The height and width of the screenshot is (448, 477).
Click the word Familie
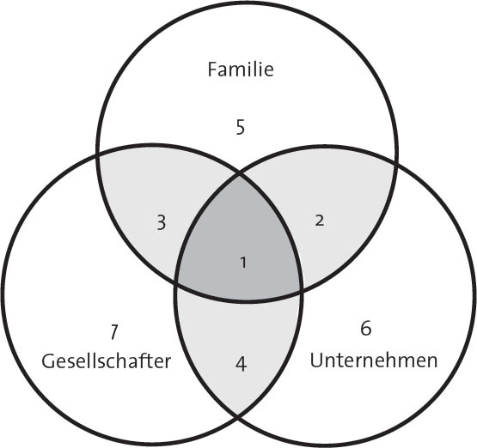click(x=241, y=69)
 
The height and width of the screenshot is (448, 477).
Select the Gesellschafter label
click(x=107, y=361)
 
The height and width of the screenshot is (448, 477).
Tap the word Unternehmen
click(x=374, y=360)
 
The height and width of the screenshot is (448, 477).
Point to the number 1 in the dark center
click(x=243, y=263)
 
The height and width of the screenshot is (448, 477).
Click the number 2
click(x=320, y=221)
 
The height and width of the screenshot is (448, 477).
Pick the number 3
click(x=162, y=222)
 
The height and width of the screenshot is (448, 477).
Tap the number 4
click(x=241, y=364)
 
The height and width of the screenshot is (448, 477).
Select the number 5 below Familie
click(x=241, y=127)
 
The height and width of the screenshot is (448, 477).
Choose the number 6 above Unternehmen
click(x=365, y=328)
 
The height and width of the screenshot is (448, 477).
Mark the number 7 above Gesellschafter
click(x=113, y=332)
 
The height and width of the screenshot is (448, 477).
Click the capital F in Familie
click(x=212, y=69)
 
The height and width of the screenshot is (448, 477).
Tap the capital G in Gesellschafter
click(x=48, y=361)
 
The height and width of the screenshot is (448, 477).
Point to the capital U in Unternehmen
click(x=316, y=360)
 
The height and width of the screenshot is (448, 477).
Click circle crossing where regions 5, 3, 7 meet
click(x=98, y=155)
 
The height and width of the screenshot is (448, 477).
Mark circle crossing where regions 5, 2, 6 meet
click(x=395, y=164)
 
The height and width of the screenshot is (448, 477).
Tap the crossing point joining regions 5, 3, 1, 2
click(x=240, y=174)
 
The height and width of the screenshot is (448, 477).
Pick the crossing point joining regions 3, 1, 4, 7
click(x=176, y=282)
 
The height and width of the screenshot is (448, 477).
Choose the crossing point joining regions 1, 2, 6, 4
click(x=302, y=291)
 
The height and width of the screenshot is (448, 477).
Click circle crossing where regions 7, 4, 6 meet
click(x=237, y=418)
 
